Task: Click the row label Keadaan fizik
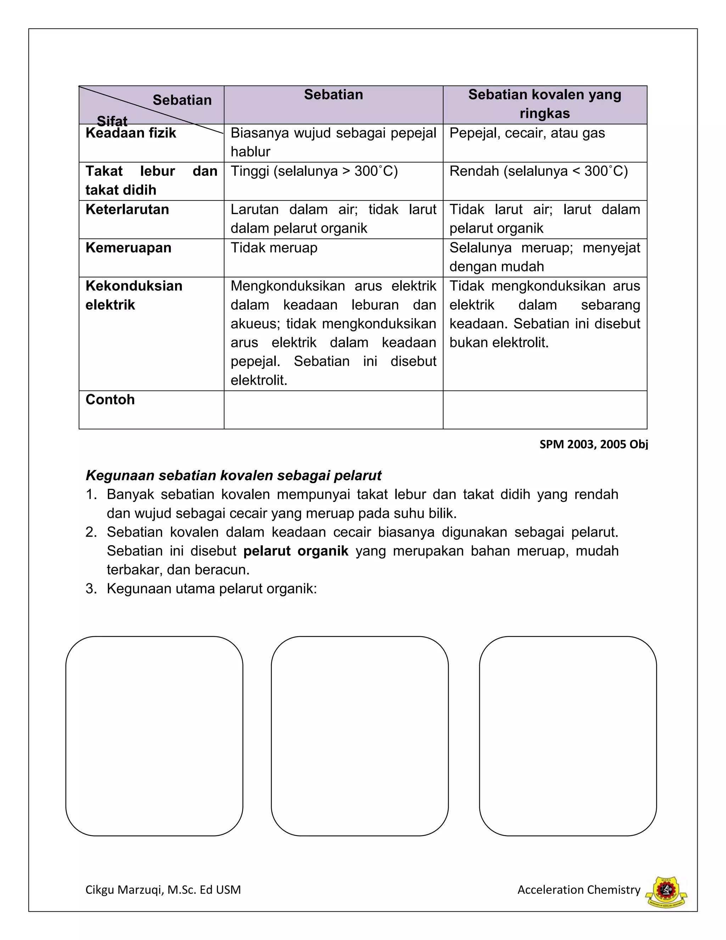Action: pos(131,133)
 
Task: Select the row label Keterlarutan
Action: pos(127,210)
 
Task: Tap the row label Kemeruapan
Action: pos(129,248)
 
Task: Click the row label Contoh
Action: pos(110,400)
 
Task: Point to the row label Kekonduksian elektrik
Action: pos(134,295)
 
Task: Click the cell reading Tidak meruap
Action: pos(274,248)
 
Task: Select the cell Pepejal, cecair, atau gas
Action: pos(527,133)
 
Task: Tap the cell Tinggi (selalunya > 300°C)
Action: pos(314,171)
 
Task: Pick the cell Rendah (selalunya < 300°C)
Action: pos(538,171)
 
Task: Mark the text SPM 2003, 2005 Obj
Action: pos(593,444)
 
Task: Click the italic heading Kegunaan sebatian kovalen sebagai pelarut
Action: pos(234,476)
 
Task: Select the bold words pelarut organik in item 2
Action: pos(296,551)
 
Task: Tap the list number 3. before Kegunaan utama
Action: pos(91,589)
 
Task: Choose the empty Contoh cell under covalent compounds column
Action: pos(544,410)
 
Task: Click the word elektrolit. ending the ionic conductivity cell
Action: pos(258,381)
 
